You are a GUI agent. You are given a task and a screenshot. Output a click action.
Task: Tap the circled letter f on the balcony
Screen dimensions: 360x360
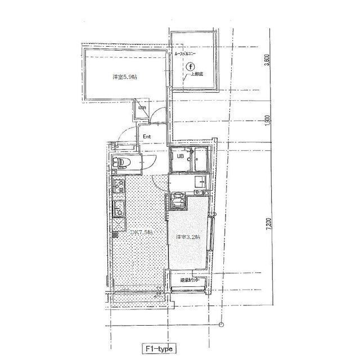[x=191, y=66]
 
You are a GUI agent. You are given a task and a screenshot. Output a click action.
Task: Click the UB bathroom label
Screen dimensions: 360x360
[x=181, y=157]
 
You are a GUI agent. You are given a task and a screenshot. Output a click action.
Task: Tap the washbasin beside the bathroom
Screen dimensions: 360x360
[x=201, y=183]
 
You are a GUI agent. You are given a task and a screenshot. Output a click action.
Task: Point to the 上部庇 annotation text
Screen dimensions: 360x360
[x=197, y=74]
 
